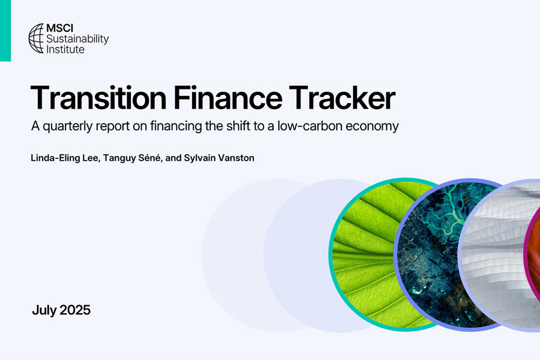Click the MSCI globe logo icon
pyautogui.click(x=36, y=38)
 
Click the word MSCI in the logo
pyautogui.click(x=59, y=28)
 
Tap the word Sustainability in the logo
pyautogui.click(x=77, y=39)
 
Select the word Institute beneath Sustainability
pyautogui.click(x=65, y=49)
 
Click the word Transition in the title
pyautogui.click(x=98, y=98)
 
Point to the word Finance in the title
pyautogui.click(x=227, y=98)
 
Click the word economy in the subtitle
pyautogui.click(x=372, y=127)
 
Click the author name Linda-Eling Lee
pyautogui.click(x=64, y=158)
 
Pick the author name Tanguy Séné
pyautogui.click(x=132, y=158)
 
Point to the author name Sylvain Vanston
pyautogui.click(x=219, y=158)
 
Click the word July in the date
pyautogui.click(x=44, y=310)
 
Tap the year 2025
pyautogui.click(x=75, y=310)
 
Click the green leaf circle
pyautogui.click(x=365, y=255)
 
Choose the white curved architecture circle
pyautogui.click(x=496, y=255)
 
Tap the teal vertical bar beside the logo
pyautogui.click(x=5, y=31)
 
